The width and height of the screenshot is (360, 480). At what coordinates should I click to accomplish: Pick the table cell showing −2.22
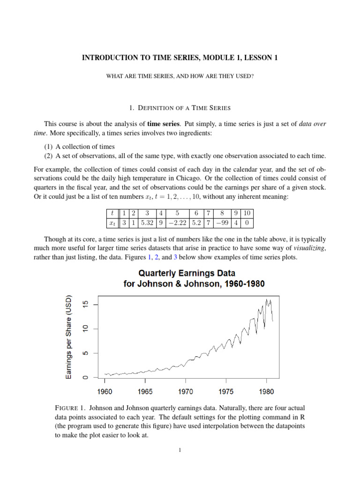(177, 224)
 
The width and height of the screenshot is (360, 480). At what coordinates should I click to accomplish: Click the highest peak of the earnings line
(266, 299)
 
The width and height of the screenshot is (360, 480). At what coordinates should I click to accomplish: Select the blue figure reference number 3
(175, 258)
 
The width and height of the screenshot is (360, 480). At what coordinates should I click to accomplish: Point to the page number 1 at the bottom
(180, 450)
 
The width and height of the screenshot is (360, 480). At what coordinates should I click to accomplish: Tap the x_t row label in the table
(112, 224)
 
